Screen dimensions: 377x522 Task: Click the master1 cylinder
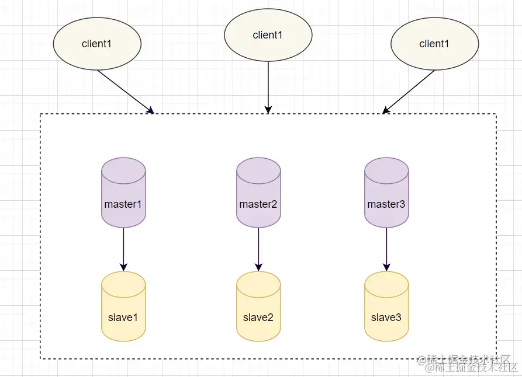click(123, 193)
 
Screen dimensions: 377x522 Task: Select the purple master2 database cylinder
click(258, 193)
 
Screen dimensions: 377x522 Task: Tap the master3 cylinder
click(386, 193)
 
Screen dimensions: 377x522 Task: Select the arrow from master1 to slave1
click(123, 248)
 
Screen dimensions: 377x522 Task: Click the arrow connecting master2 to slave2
click(258, 248)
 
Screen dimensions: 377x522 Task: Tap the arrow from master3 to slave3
click(386, 248)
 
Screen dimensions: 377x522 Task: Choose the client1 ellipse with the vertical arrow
click(268, 35)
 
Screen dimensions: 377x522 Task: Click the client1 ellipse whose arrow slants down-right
click(97, 44)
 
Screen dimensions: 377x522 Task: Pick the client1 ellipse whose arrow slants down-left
click(434, 44)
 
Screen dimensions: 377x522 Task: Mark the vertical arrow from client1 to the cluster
click(268, 85)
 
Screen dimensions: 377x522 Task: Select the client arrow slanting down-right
click(124, 91)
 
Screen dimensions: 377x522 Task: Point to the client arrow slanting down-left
click(410, 91)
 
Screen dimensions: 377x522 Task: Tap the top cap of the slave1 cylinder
click(123, 279)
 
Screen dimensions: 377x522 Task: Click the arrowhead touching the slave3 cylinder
click(386, 268)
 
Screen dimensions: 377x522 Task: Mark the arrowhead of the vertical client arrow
click(268, 110)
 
